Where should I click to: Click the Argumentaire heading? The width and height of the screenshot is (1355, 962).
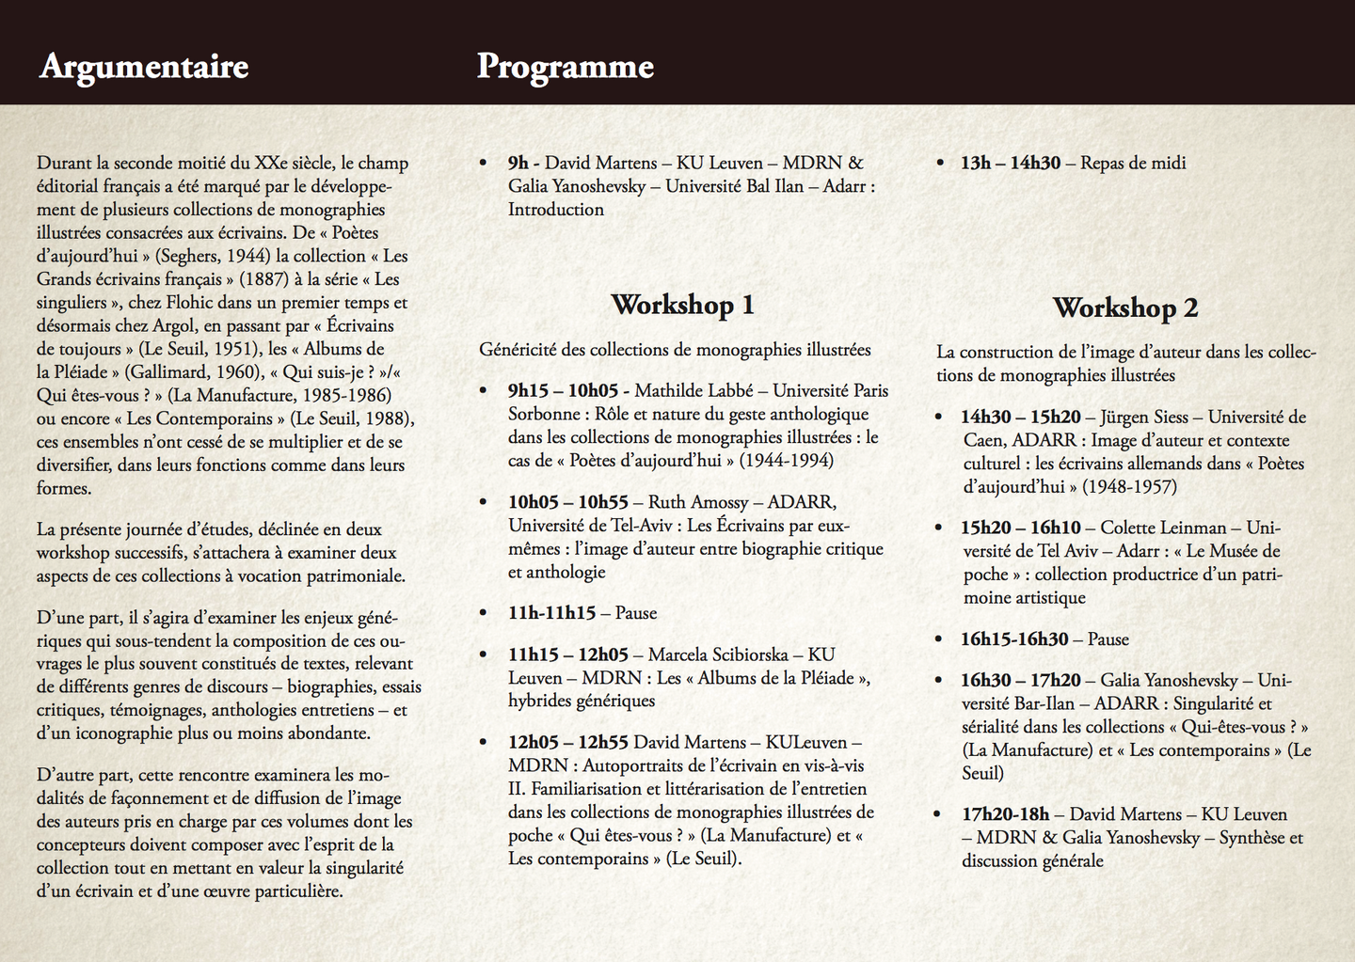(144, 67)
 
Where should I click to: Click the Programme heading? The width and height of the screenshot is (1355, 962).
(565, 67)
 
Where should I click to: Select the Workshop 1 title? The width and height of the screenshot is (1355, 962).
(682, 305)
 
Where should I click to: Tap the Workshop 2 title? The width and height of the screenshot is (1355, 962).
(1124, 308)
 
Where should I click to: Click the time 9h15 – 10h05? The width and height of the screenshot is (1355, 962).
(563, 391)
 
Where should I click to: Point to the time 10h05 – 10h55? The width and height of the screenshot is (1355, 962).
(567, 502)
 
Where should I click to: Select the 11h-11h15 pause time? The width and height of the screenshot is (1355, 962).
(551, 613)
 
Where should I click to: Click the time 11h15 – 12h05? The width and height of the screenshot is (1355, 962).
(567, 654)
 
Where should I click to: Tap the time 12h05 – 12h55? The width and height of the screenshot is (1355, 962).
(567, 743)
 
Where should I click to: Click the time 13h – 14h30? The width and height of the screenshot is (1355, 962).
(1010, 163)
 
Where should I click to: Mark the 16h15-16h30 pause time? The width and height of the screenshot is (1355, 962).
(1013, 639)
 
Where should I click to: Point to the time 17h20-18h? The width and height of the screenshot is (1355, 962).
(1004, 814)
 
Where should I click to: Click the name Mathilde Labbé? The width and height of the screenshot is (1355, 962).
(692, 391)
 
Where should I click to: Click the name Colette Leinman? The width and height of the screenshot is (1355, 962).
(1163, 528)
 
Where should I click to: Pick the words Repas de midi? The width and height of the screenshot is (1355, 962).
(1133, 163)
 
